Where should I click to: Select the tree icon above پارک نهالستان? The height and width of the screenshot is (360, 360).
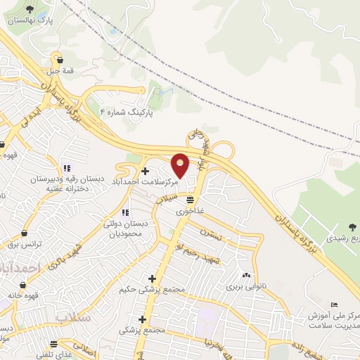pyautogui.click(x=31, y=8)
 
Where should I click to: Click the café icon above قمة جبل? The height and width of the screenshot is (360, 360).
pyautogui.click(x=60, y=59)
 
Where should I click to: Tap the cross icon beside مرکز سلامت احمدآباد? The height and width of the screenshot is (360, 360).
pyautogui.click(x=145, y=170)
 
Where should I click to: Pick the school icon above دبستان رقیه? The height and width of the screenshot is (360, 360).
pyautogui.click(x=67, y=168)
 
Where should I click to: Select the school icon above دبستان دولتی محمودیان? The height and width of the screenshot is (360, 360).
pyautogui.click(x=125, y=212)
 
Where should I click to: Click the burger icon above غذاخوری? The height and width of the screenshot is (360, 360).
pyautogui.click(x=190, y=200)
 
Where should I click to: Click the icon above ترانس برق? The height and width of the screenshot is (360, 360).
pyautogui.click(x=25, y=233)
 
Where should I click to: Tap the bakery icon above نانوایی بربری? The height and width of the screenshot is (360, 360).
pyautogui.click(x=246, y=275)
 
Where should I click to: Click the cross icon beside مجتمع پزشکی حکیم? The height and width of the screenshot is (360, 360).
pyautogui.click(x=152, y=278)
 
